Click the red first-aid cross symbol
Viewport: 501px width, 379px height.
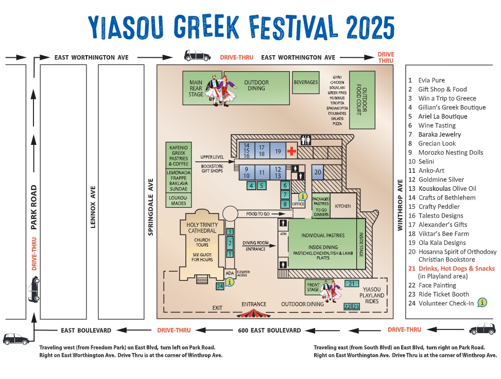(x=291, y=151)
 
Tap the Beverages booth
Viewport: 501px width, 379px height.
(x=306, y=82)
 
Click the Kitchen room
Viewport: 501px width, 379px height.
(x=343, y=206)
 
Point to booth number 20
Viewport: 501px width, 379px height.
(x=318, y=172)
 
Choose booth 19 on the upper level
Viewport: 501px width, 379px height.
(x=277, y=151)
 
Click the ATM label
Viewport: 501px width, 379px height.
(x=283, y=233)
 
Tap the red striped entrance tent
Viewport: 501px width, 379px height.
(x=254, y=312)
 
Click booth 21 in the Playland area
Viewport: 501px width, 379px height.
(x=352, y=284)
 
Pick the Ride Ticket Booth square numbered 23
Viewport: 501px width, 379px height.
(x=355, y=307)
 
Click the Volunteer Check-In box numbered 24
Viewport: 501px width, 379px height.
(x=220, y=286)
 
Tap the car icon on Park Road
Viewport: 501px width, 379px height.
(x=33, y=289)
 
